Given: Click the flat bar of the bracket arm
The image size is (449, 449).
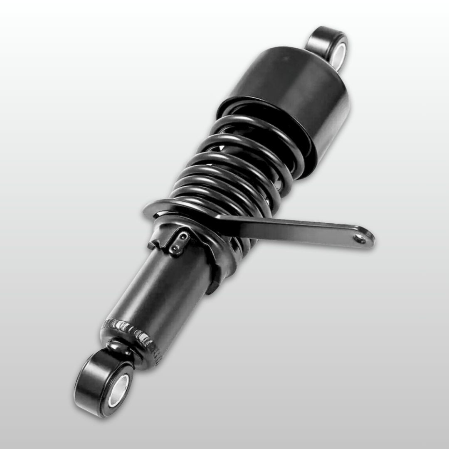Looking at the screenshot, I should pyautogui.click(x=291, y=229).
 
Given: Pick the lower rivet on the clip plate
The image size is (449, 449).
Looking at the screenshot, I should pyautogui.click(x=177, y=249).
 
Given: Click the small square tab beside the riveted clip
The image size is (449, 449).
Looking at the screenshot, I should pyautogui.click(x=152, y=245).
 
